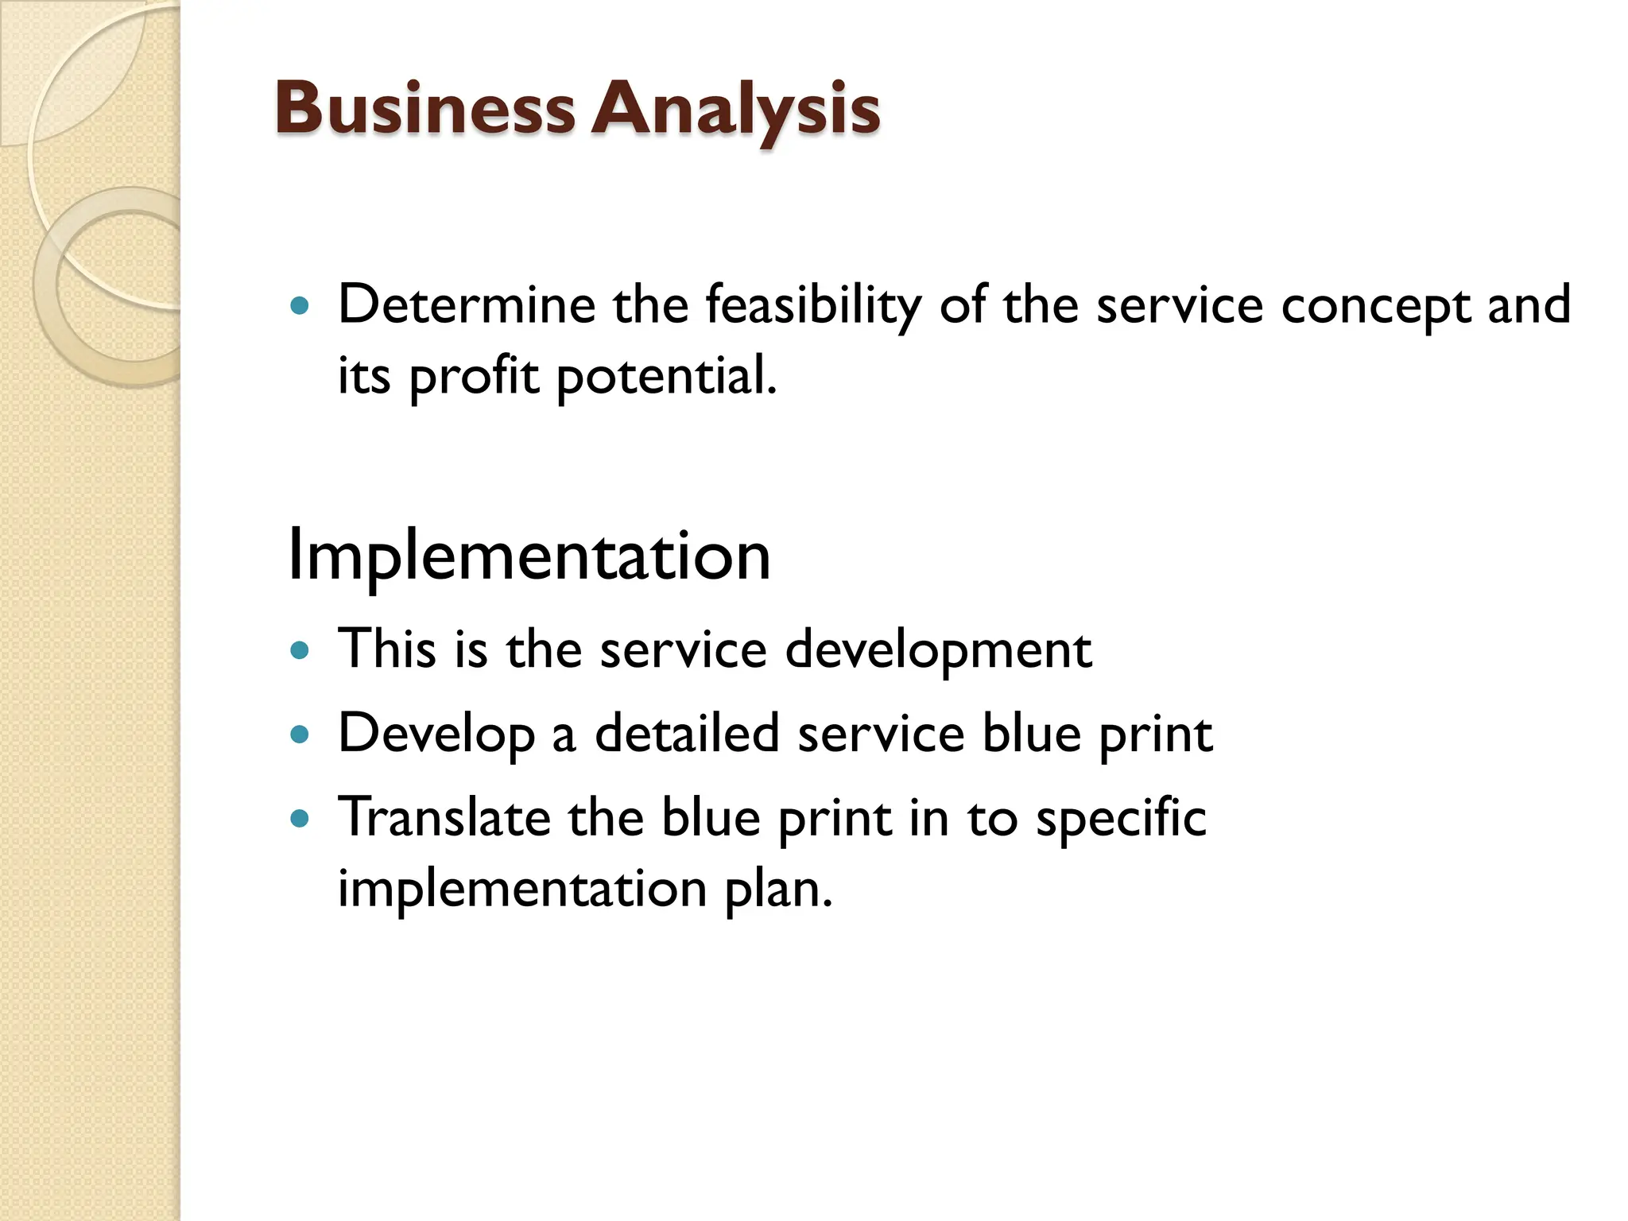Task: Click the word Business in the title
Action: coord(424,108)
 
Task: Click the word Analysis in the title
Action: coord(735,110)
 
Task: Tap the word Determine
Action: coord(467,304)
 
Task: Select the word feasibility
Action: coord(813,306)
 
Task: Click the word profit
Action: coord(474,376)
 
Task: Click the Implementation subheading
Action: coord(529,555)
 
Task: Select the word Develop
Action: coord(436,734)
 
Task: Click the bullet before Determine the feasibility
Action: coord(300,305)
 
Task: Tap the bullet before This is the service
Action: coord(300,650)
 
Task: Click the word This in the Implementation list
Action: coord(387,649)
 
